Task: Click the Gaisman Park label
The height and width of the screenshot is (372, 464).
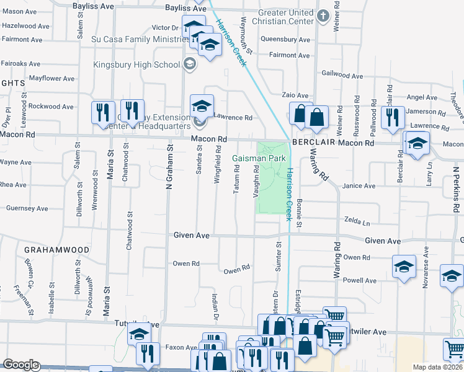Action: tap(259, 159)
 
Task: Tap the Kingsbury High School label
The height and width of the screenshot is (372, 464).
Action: tap(136, 64)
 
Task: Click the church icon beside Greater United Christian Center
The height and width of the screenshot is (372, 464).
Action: tap(323, 15)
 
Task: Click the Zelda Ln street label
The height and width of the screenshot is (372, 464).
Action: tap(357, 221)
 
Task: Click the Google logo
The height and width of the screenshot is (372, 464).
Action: tap(20, 365)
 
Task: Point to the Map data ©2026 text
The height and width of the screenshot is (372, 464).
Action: tap(437, 367)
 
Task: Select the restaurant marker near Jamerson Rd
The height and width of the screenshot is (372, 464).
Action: tap(392, 117)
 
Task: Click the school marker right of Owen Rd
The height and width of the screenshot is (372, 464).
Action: tap(404, 268)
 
